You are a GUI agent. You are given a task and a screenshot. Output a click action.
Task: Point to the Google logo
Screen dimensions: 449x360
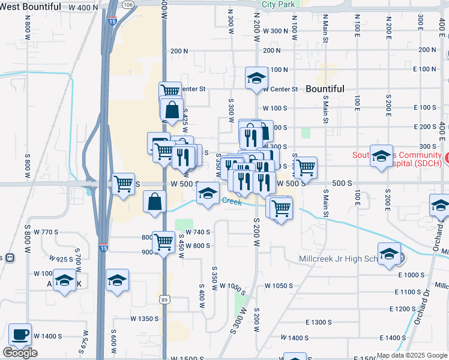click(x=20, y=353)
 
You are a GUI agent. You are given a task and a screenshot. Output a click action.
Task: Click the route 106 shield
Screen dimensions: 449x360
click(x=128, y=4)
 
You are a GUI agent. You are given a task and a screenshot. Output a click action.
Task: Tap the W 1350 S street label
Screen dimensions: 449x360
click(x=145, y=319)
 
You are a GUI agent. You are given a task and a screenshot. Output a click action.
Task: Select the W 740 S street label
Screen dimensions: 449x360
click(x=197, y=232)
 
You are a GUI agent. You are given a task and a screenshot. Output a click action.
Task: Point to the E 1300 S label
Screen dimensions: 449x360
click(x=318, y=322)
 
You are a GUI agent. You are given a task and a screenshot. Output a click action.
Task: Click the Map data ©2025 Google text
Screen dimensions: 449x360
click(x=412, y=355)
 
